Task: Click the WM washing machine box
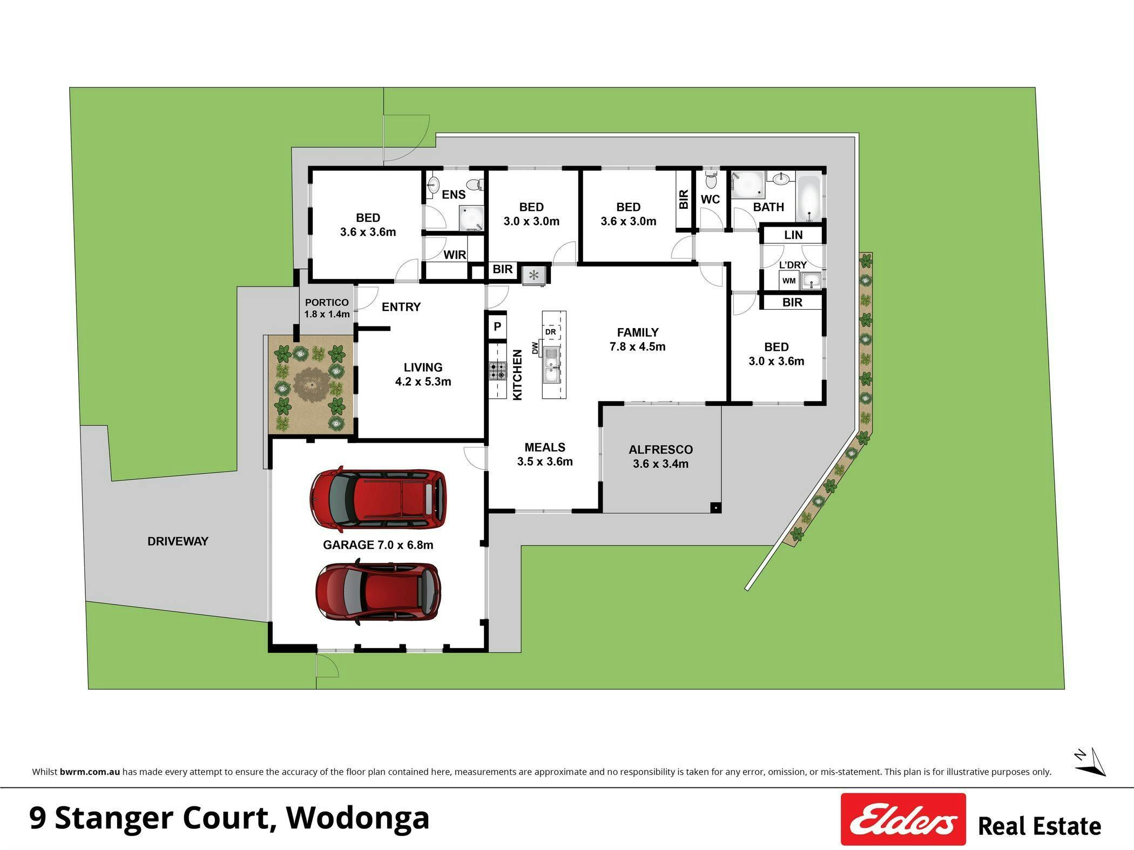pos(789,281)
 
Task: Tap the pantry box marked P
pos(497,327)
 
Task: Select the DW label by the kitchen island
pos(535,348)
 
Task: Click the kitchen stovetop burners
pos(498,371)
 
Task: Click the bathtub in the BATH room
pos(808,198)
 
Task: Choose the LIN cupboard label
pos(793,235)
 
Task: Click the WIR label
pos(455,255)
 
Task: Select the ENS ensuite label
pos(454,195)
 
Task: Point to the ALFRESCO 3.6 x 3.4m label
pos(660,457)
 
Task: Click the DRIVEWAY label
pos(178,541)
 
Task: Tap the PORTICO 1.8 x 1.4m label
pos(327,308)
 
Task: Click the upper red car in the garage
pos(379,499)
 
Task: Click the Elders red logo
pos(903,819)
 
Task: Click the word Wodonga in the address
pos(357,818)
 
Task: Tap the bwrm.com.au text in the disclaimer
pos(90,772)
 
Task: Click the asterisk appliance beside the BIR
pos(534,276)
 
